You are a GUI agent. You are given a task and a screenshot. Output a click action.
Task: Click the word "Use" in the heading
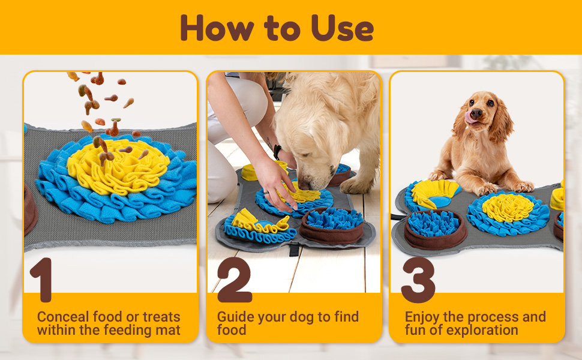coord(342,28)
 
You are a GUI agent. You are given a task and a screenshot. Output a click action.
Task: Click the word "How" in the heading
coord(217,28)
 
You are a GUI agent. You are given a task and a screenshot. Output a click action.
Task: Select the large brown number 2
coord(235,280)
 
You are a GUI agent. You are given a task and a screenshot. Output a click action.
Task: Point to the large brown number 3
coord(418,280)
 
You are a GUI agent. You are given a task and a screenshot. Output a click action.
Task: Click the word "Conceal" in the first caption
coord(63,317)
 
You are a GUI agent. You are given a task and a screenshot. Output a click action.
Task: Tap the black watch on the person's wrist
coord(277,152)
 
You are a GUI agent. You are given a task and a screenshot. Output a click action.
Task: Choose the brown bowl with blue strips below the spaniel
coord(434,229)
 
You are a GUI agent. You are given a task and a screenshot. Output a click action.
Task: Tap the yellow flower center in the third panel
coord(508,208)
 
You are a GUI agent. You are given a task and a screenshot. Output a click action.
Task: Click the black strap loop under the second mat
coord(294,250)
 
